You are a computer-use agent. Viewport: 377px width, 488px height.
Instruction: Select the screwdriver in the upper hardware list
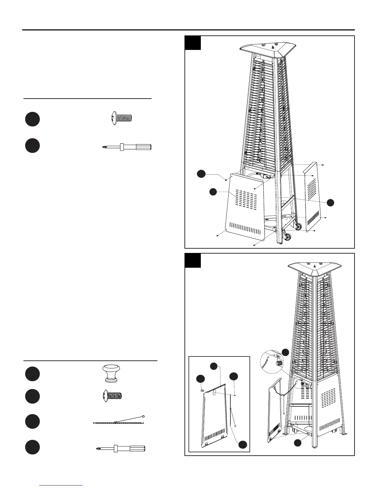pos(127,147)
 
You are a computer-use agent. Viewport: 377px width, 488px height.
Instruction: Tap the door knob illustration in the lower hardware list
pos(111,373)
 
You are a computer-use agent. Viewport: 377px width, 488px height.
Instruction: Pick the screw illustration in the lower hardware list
pos(112,396)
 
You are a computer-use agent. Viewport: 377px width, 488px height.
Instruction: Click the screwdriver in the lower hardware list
pos(120,449)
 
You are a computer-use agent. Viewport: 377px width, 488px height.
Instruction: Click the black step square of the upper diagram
pos(193,43)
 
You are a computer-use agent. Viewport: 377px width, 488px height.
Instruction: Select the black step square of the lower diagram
pos(193,261)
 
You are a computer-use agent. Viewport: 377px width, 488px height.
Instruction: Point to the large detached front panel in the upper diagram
pos(245,206)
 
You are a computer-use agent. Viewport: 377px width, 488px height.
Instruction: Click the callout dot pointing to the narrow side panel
pos(330,202)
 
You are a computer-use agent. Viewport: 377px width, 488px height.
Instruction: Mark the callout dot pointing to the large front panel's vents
pos(213,192)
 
